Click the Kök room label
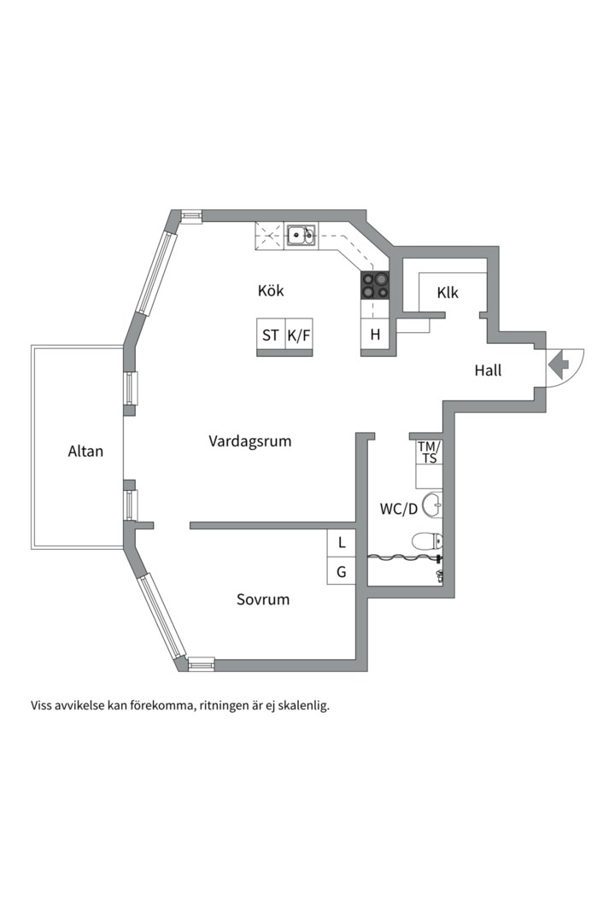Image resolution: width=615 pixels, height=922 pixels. pos(271,290)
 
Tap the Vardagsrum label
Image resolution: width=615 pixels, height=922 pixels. pos(250,441)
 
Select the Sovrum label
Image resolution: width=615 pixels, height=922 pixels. pos(263,600)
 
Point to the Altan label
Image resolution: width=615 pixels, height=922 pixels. pos(85,451)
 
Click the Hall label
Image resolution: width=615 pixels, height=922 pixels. pos(488,371)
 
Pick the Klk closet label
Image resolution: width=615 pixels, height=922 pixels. pos(448,293)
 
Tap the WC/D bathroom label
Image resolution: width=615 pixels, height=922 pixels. pos(398,509)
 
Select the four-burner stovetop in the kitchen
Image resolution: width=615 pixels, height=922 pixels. pos(375,286)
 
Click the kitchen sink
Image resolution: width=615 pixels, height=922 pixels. pos(300,236)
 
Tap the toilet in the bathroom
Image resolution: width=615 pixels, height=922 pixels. pos(427,540)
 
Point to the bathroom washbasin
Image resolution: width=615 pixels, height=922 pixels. pos(432,504)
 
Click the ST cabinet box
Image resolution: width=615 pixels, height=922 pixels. pos(271,336)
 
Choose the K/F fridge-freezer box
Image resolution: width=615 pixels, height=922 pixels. pos(298,336)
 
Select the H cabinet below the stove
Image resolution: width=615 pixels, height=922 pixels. pos(375,335)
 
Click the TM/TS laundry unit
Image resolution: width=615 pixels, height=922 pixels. pos(429,453)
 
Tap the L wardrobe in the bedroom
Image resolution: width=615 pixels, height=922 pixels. pos(342,543)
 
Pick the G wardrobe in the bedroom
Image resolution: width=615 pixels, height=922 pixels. pos(342,571)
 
